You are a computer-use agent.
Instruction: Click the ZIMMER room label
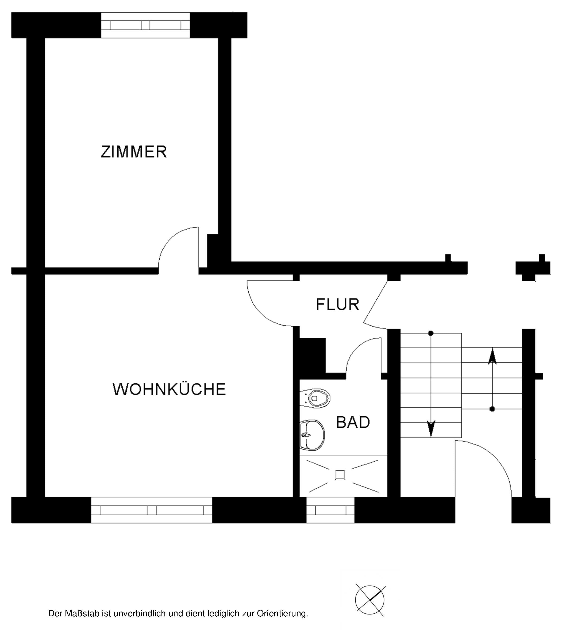tap(134, 152)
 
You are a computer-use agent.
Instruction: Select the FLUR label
tap(337, 305)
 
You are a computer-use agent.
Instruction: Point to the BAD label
tap(353, 422)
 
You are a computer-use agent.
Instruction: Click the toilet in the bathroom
tap(315, 398)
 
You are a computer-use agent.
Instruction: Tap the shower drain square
tap(340, 474)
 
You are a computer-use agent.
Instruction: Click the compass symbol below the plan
tap(370, 600)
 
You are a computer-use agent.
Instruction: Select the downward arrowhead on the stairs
tap(431, 428)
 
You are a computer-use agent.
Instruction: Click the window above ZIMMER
tap(145, 25)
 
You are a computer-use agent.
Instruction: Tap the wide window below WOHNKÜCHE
tap(152, 511)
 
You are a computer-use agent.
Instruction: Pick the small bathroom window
tap(330, 511)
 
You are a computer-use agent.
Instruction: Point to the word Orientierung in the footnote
tap(282, 614)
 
